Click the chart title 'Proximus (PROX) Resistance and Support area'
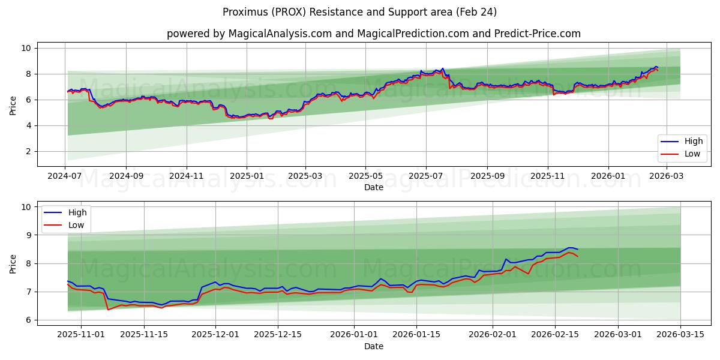359,12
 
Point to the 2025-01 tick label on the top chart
247,176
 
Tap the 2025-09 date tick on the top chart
487,176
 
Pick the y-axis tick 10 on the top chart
27,48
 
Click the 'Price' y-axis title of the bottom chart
13,263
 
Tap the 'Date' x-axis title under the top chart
374,188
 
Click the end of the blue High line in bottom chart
577,250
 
